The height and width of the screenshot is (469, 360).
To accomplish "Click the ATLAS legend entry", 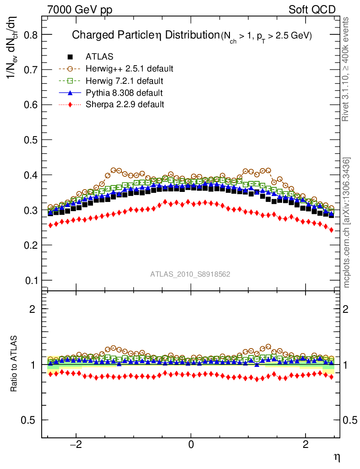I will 99,57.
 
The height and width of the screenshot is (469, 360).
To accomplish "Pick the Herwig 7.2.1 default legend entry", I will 124,81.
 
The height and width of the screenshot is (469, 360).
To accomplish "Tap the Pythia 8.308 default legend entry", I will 124,93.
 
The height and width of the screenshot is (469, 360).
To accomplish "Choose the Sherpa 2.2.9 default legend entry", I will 125,104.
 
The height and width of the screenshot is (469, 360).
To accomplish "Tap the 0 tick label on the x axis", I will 191,445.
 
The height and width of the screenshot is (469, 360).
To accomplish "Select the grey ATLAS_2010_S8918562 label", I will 190,274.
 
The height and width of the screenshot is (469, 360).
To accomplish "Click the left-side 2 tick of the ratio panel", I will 33,309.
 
